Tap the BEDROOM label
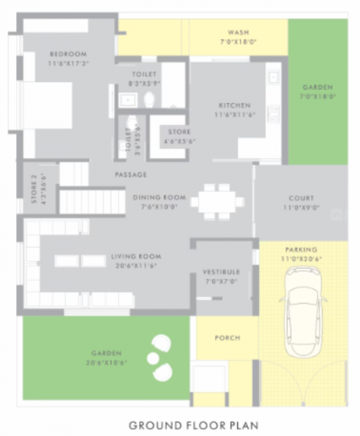point(68,54)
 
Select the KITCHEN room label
point(233,105)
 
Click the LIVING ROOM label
point(136,257)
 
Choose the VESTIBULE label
point(221,272)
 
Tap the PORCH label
point(227,338)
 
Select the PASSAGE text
point(131,174)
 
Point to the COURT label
point(300,198)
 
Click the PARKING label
point(300,249)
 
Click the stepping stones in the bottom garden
point(160,356)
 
